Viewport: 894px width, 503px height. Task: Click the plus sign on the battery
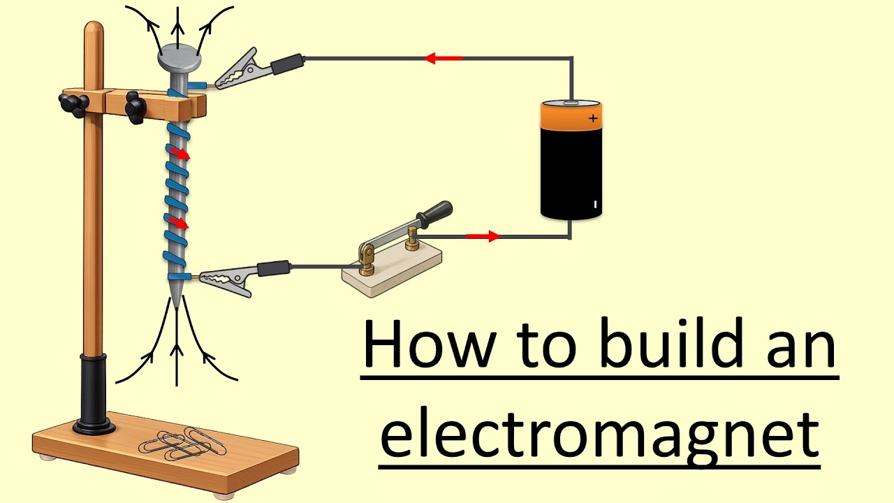(x=593, y=118)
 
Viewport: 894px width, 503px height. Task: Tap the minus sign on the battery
(x=594, y=205)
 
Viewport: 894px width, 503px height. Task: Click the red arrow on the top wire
(x=444, y=59)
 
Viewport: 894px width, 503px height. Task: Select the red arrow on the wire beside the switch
(x=483, y=237)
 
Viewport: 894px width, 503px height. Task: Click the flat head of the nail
(x=179, y=59)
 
